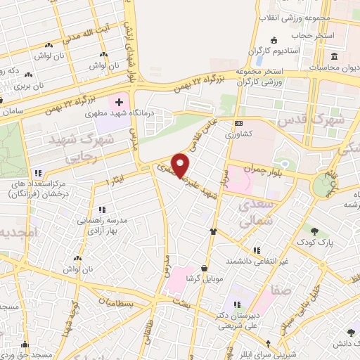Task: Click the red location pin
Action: [181, 165]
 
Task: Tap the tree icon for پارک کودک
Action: [314, 231]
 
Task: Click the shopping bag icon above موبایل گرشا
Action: [204, 268]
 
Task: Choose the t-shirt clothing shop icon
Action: [212, 231]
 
